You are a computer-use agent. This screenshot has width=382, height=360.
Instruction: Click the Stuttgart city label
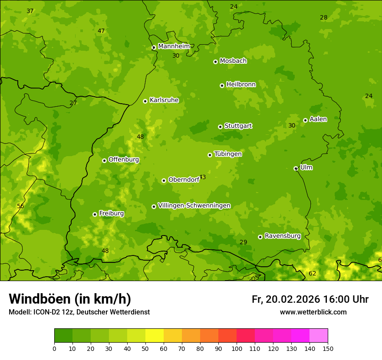[x=238, y=126]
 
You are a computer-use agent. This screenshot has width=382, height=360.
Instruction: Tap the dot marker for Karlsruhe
[x=145, y=101]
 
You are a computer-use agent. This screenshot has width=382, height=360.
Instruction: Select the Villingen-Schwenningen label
[x=194, y=206]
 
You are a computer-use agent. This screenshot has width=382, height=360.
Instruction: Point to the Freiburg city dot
[x=95, y=214]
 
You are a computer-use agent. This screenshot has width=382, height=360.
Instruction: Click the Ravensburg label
[x=283, y=236]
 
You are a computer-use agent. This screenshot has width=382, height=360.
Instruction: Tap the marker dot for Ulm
[x=296, y=168]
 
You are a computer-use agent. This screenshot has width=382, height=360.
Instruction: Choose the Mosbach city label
[x=233, y=61]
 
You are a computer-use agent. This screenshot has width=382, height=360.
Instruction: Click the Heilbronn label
[x=241, y=84]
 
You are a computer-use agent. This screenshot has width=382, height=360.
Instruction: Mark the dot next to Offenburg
[x=104, y=160]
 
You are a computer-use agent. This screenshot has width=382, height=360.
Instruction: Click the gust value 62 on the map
[x=313, y=273]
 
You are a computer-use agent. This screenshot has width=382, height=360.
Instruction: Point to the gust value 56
[x=20, y=206]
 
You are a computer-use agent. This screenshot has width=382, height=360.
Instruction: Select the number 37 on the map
[x=30, y=11]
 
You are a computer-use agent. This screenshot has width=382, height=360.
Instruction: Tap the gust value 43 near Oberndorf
[x=202, y=177]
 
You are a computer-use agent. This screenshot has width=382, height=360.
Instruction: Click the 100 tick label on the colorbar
[x=237, y=349]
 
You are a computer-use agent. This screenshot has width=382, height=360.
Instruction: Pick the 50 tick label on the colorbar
[x=145, y=349]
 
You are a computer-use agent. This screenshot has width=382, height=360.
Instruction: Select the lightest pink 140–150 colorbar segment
[x=319, y=336]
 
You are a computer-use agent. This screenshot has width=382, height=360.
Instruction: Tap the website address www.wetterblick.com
[x=313, y=312]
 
